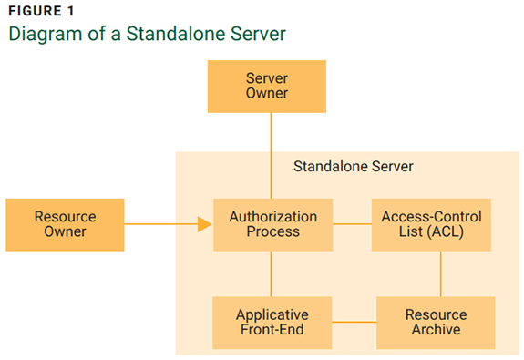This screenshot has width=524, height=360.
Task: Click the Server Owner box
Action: click(x=266, y=86)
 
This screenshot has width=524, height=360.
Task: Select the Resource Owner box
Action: click(x=65, y=224)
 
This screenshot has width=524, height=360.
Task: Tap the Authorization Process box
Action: click(x=272, y=224)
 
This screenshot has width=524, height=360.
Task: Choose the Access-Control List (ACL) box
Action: click(x=431, y=224)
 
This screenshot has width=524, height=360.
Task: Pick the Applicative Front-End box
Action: click(x=272, y=322)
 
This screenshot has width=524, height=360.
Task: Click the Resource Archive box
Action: click(x=435, y=322)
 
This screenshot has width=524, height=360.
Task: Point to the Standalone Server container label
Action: click(x=353, y=167)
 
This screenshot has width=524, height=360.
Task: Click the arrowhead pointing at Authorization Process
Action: click(x=204, y=224)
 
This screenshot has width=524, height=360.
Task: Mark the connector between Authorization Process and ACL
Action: click(x=352, y=224)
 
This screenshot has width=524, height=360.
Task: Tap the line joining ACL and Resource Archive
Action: click(x=441, y=273)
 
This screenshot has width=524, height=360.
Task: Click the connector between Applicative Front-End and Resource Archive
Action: click(x=354, y=322)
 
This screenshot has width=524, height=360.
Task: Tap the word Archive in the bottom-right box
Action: click(x=436, y=330)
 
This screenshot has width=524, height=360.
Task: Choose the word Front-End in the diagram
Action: click(x=272, y=330)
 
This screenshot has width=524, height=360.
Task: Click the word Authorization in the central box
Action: click(x=272, y=217)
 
